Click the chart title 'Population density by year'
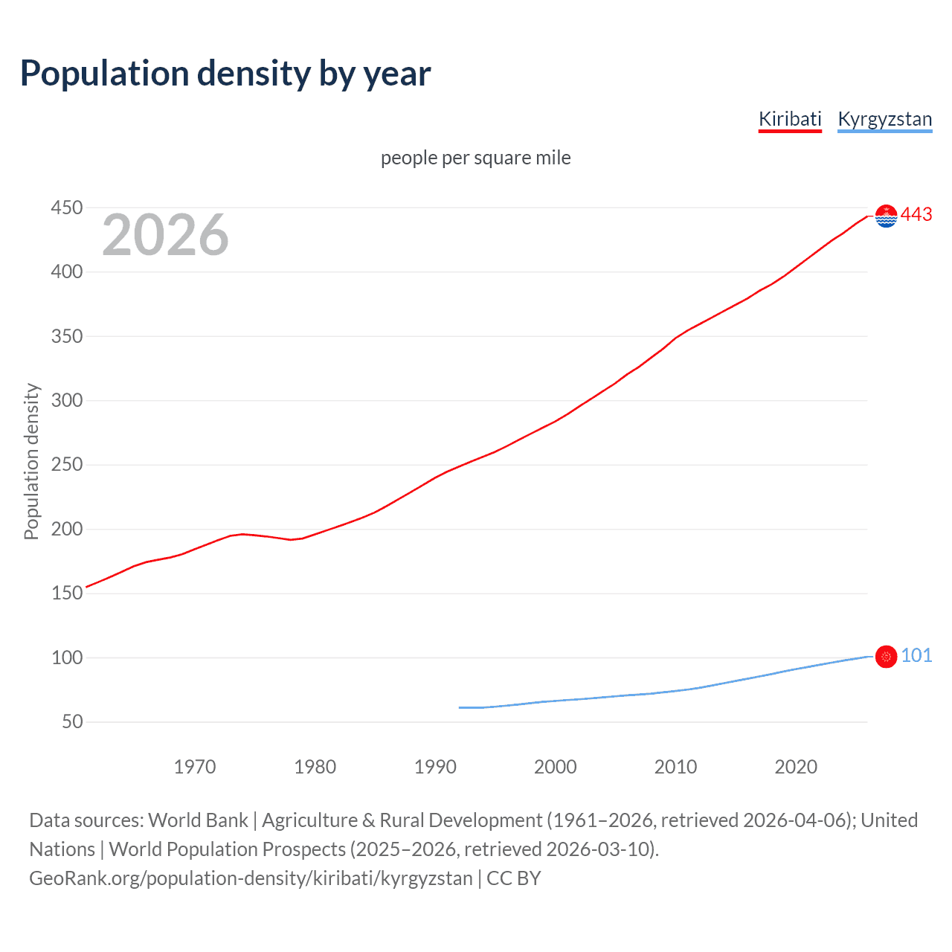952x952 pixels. click(x=225, y=74)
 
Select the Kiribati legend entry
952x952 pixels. click(x=790, y=119)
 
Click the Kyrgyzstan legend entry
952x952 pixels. click(x=884, y=119)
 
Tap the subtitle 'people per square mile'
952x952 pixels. click(x=475, y=158)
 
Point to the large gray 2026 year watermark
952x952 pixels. click(x=165, y=235)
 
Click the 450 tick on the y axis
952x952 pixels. click(x=66, y=208)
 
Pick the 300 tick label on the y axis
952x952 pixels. click(x=66, y=400)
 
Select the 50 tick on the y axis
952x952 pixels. click(x=72, y=721)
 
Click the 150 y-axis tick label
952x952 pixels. click(x=66, y=593)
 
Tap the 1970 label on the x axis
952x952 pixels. click(x=195, y=767)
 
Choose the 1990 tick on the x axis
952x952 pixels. click(x=435, y=767)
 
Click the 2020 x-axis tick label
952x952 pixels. click(x=796, y=767)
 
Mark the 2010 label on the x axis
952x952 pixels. click(x=675, y=767)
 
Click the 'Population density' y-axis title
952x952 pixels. click(x=31, y=461)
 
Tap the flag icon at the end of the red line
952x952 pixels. click(x=886, y=216)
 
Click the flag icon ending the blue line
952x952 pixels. click(x=886, y=657)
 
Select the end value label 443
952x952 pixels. click(x=916, y=215)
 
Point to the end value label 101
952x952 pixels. click(x=916, y=655)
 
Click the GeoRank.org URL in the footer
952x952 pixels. click(x=251, y=878)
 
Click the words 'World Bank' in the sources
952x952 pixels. click(x=198, y=820)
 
